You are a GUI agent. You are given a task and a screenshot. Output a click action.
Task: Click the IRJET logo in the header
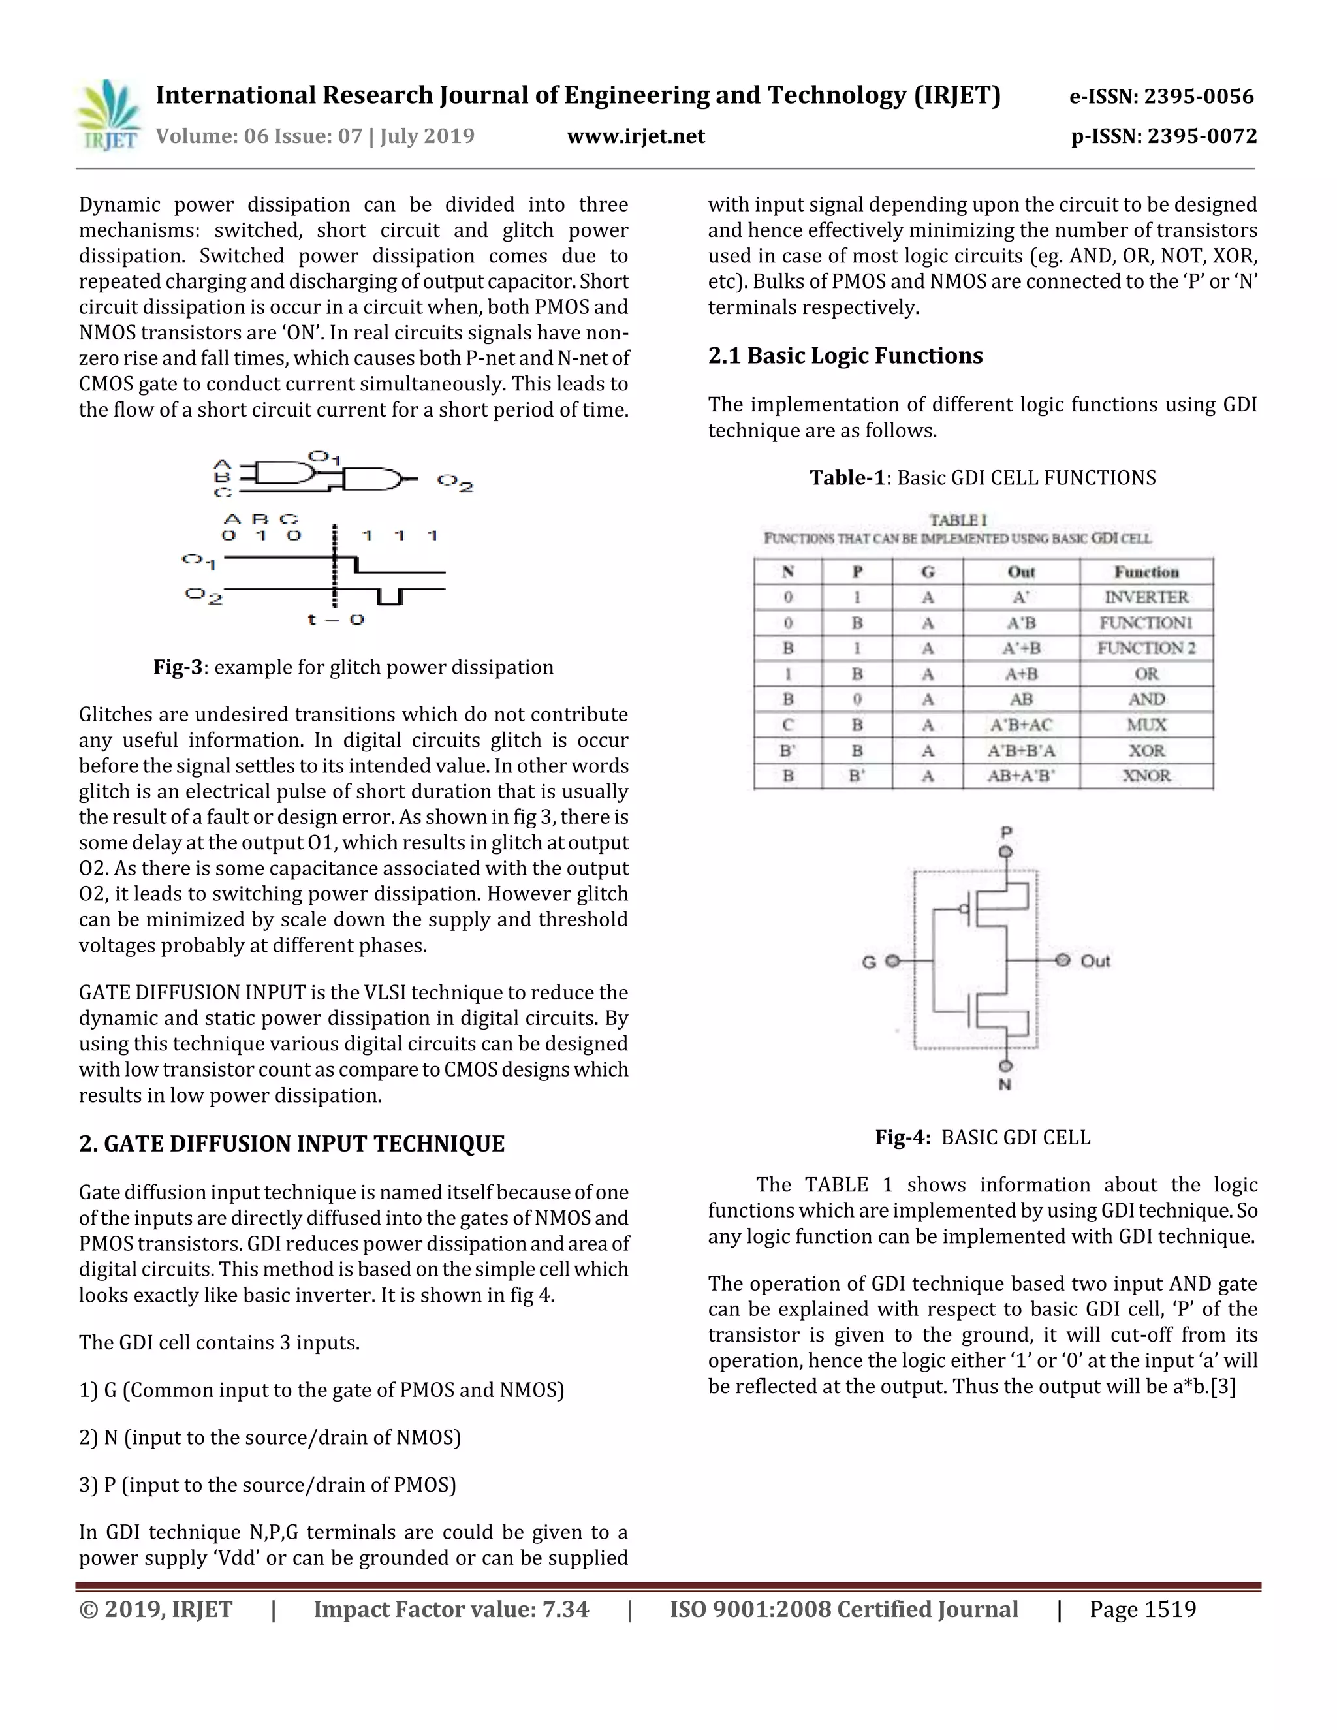click(x=109, y=116)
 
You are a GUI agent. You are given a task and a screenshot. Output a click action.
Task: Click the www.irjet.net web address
click(x=635, y=137)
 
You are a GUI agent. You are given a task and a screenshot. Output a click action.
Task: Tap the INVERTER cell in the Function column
click(x=1146, y=597)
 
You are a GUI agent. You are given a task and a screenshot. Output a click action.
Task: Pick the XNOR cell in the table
click(x=1146, y=776)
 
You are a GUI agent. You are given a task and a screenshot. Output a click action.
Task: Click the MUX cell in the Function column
click(x=1146, y=725)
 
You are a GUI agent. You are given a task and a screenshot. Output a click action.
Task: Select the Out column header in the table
click(x=1021, y=572)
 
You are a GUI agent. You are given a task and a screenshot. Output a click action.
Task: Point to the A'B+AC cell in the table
click(x=1021, y=725)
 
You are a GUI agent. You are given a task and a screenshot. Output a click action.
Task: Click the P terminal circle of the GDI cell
click(x=1006, y=851)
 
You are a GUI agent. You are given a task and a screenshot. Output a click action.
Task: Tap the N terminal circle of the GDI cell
click(x=1006, y=1065)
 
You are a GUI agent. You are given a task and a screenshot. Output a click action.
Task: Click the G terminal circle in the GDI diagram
click(x=892, y=961)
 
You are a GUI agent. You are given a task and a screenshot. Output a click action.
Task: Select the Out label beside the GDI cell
click(x=1095, y=961)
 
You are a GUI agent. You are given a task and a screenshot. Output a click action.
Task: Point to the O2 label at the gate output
click(x=454, y=482)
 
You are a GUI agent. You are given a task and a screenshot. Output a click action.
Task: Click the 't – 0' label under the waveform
click(x=336, y=620)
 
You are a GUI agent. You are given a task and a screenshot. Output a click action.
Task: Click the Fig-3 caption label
click(x=178, y=667)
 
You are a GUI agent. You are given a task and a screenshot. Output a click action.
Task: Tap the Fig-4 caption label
click(x=902, y=1137)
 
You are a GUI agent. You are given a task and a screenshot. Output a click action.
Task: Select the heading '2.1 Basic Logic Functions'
click(x=845, y=356)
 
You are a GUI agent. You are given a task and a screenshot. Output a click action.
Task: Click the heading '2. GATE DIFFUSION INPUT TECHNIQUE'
click(x=291, y=1144)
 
